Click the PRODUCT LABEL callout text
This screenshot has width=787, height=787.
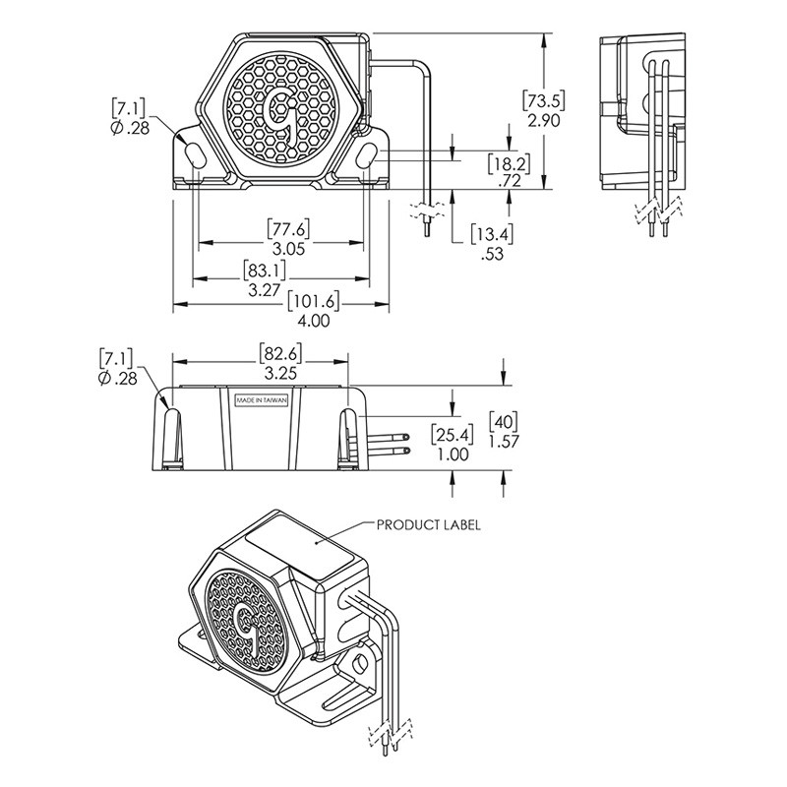(x=429, y=525)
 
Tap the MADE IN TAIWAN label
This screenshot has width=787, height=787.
(x=262, y=400)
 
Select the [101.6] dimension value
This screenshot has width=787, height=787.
(x=313, y=302)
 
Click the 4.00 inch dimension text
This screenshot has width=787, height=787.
(x=314, y=321)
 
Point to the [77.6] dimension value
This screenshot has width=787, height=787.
(x=288, y=229)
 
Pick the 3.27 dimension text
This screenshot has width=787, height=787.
(x=264, y=289)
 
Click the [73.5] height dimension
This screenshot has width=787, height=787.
(x=544, y=101)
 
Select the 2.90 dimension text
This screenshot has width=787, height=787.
(x=544, y=120)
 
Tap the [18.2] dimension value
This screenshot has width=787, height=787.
(x=509, y=163)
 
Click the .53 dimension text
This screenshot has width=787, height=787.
(x=492, y=254)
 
